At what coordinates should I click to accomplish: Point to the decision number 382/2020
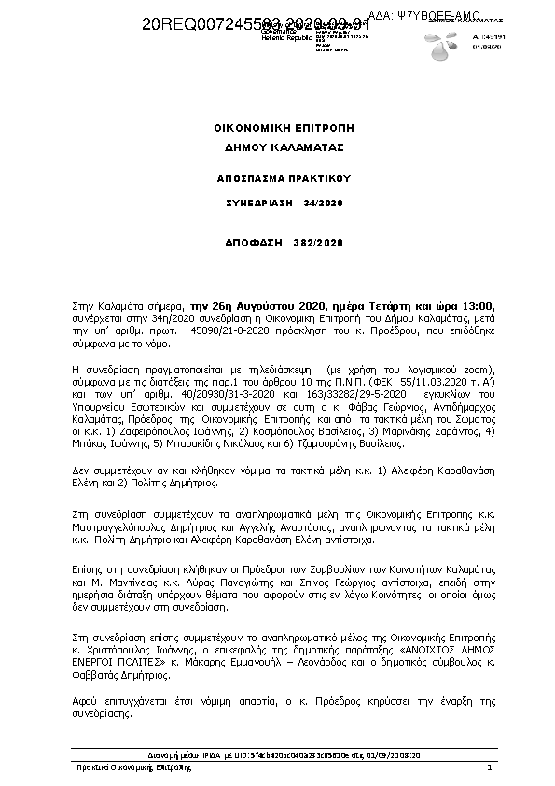tap(316, 243)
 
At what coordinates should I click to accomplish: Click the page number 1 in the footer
tap(489, 767)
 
